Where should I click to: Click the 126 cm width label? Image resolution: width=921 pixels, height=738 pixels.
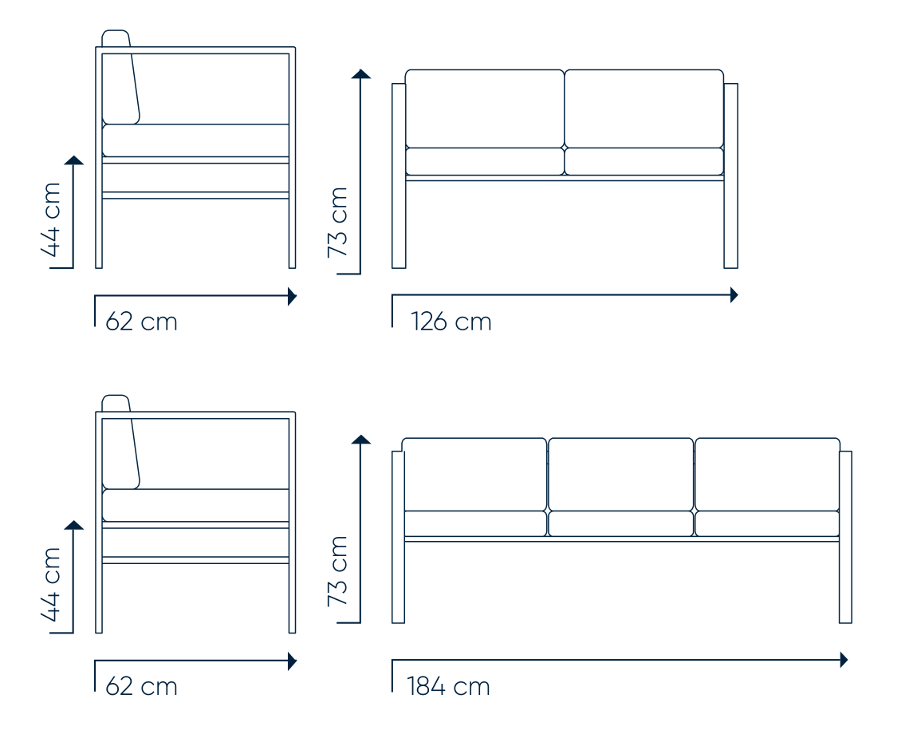point(451,322)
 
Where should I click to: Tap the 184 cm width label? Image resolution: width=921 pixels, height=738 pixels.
point(448,686)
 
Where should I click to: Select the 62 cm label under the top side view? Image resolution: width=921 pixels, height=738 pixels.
point(141,322)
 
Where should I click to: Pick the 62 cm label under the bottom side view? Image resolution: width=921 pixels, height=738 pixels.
point(141,686)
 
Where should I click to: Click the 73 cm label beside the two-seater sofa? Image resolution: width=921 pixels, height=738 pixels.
point(338,222)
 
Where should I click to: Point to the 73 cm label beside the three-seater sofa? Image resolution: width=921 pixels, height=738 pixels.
point(338,571)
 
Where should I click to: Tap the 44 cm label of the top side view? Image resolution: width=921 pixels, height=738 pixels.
point(51,219)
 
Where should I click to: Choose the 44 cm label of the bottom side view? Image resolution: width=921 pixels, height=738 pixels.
point(51,584)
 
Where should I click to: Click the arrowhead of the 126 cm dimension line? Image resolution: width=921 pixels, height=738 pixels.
point(734,295)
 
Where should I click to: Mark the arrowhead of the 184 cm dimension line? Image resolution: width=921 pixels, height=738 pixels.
point(844,660)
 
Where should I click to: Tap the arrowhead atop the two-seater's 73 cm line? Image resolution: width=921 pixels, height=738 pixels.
point(360,73)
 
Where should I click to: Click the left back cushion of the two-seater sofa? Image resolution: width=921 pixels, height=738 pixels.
point(485,109)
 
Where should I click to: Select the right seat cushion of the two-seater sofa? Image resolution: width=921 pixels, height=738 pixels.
point(644,162)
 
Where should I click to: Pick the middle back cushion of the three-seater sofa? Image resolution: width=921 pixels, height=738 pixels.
point(620,474)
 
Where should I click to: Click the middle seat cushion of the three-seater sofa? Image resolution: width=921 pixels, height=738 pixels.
point(620,523)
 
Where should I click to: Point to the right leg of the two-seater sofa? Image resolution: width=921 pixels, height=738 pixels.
point(730,176)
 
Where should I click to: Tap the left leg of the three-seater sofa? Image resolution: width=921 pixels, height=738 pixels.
point(398,537)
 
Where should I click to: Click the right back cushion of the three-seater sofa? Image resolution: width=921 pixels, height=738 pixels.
point(767,474)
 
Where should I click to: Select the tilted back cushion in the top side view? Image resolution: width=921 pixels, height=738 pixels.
point(120,79)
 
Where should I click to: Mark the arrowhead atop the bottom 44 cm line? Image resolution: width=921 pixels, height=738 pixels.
point(73,525)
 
